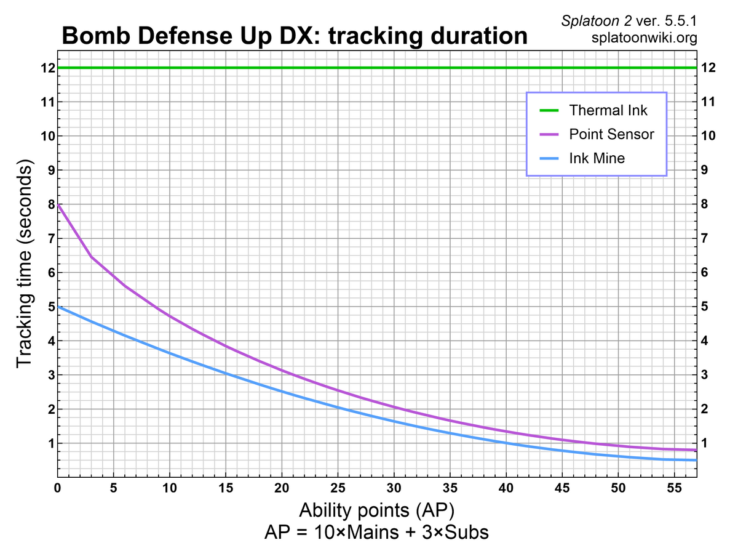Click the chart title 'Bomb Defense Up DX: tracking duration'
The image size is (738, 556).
click(295, 36)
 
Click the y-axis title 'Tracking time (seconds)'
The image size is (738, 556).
click(25, 266)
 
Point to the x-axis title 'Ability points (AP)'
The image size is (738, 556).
click(376, 510)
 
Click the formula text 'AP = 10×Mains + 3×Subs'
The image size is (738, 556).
click(376, 532)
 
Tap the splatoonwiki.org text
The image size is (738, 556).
click(643, 38)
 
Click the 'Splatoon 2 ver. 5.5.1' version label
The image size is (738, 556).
click(629, 22)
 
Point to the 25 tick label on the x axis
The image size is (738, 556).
click(338, 489)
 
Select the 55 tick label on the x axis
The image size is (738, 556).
click(674, 489)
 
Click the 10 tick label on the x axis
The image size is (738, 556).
click(170, 489)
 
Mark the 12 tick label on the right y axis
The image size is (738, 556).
click(708, 67)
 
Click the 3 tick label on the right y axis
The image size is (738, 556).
click(705, 375)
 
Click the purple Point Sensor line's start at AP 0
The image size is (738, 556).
click(58, 204)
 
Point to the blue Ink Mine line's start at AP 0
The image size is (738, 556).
click(58, 307)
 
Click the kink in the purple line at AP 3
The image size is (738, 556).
click(92, 256)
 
